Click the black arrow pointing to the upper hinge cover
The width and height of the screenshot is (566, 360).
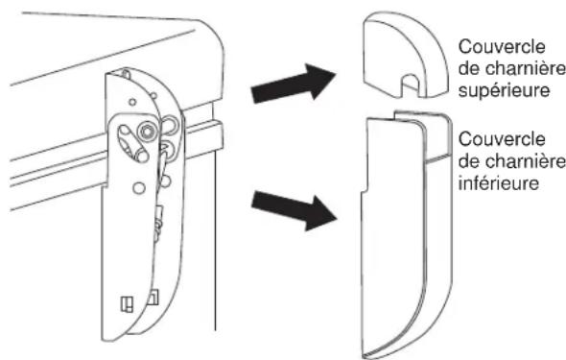294,84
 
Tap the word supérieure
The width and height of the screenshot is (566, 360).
504,90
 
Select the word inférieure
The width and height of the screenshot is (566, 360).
499,182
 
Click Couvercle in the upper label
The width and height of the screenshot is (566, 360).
502,47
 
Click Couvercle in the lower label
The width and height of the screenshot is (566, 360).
502,139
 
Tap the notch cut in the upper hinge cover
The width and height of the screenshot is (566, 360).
410,85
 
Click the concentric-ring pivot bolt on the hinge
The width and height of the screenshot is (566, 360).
148,131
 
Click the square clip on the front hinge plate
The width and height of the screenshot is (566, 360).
127,303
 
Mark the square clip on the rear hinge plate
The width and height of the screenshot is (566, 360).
153,297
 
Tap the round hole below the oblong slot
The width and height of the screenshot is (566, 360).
138,188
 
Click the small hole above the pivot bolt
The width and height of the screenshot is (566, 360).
132,102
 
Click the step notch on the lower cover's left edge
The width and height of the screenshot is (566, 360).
365,189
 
